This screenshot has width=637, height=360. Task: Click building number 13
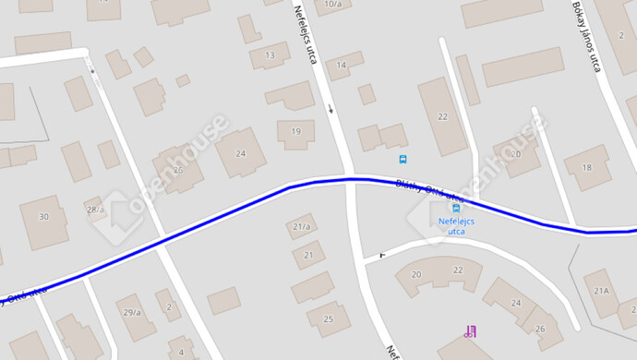click(x=270, y=55)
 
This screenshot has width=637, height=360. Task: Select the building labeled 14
click(x=342, y=65)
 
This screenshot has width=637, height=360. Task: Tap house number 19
click(x=295, y=131)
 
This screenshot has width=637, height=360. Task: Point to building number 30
click(x=43, y=217)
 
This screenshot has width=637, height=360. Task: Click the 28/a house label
click(x=94, y=210)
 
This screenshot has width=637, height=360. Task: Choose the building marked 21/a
click(x=300, y=226)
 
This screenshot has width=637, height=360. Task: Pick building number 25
click(x=328, y=319)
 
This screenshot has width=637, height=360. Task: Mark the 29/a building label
click(x=131, y=312)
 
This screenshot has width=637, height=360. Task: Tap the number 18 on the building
click(x=584, y=167)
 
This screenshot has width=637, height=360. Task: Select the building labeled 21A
click(x=602, y=291)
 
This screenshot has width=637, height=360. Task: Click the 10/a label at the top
click(x=332, y=5)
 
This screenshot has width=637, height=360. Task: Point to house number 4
click(x=181, y=352)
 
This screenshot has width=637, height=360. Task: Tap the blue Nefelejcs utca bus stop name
click(x=456, y=226)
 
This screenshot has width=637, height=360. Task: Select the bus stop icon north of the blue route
click(x=403, y=159)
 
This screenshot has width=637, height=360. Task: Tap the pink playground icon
click(x=471, y=330)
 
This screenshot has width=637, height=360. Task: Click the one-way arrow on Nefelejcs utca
click(x=331, y=109)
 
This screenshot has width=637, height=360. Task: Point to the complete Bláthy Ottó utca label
click(x=428, y=190)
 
